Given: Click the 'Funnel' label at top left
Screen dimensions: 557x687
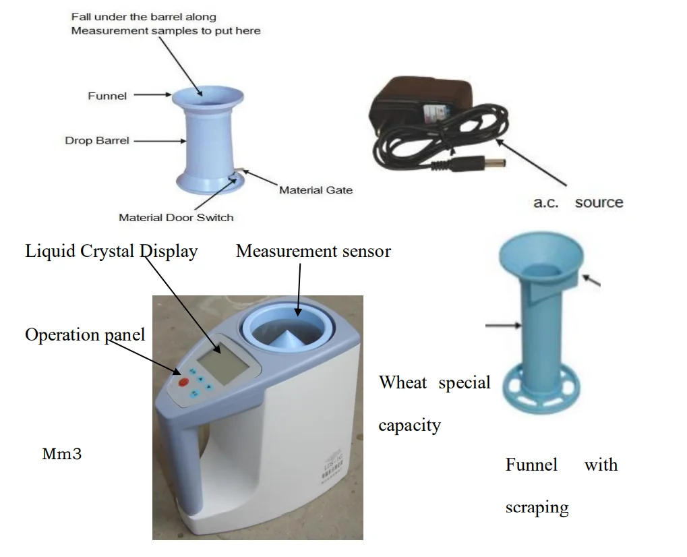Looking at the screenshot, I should point(107,96).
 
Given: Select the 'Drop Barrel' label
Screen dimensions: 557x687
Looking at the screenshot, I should point(96,141).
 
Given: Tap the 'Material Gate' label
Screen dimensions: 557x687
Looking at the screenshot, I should point(316,190).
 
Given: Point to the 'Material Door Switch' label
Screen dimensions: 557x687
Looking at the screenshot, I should point(176,217).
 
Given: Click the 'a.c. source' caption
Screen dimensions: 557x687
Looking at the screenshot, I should point(578,202).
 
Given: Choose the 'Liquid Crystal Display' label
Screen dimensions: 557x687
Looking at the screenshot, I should point(111,252).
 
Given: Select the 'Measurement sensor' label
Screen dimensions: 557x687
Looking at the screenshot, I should point(313,252).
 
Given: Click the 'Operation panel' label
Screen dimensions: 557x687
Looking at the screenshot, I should point(85,334).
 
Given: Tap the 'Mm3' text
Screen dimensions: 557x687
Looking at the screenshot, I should point(62,454).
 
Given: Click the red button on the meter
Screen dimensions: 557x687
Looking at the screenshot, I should point(183,382).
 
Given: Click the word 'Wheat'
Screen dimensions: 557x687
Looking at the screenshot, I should point(402,383).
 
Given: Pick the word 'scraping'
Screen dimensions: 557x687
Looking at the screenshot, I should point(537,507).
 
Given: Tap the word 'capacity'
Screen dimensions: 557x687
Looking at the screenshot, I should point(409,426).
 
